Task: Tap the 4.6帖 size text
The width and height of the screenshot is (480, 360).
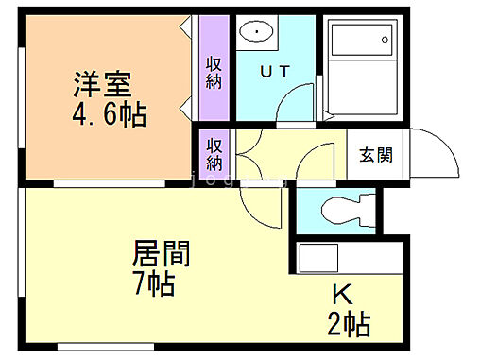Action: click(x=109, y=114)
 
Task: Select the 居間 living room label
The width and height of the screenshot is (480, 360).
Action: click(x=161, y=254)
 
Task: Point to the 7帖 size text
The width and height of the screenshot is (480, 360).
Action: click(x=154, y=283)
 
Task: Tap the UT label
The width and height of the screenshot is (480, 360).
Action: click(x=276, y=71)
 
